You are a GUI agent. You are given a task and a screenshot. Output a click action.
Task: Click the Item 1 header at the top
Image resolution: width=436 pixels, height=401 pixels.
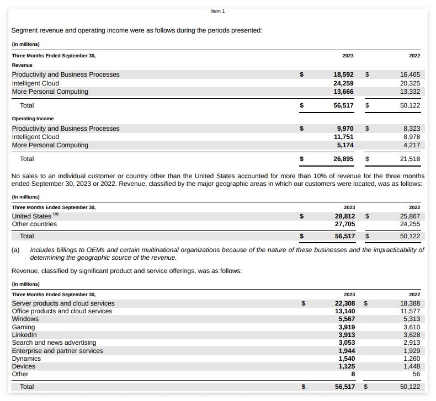[218, 11]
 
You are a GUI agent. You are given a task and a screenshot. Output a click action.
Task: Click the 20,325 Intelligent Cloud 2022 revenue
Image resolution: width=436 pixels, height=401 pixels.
[410, 83]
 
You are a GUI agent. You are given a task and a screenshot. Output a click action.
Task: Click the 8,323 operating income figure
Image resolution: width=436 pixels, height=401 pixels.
[412, 129]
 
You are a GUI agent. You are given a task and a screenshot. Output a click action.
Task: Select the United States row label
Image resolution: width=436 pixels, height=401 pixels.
[31, 216]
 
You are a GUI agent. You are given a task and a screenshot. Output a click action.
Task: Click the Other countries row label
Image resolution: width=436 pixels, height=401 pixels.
[34, 224]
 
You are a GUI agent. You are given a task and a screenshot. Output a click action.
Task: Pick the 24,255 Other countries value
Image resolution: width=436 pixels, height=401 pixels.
[410, 224]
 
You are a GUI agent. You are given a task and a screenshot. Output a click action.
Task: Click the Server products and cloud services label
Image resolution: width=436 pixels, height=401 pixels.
[63, 303]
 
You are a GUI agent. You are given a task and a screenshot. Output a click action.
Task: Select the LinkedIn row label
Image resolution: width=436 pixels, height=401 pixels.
[24, 335]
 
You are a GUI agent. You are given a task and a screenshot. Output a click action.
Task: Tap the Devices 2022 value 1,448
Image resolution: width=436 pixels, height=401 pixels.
[412, 366]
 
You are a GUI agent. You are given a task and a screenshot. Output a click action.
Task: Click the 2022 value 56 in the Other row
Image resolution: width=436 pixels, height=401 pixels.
[416, 374]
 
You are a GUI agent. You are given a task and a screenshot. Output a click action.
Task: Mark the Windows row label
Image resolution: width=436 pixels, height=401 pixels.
[25, 319]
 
